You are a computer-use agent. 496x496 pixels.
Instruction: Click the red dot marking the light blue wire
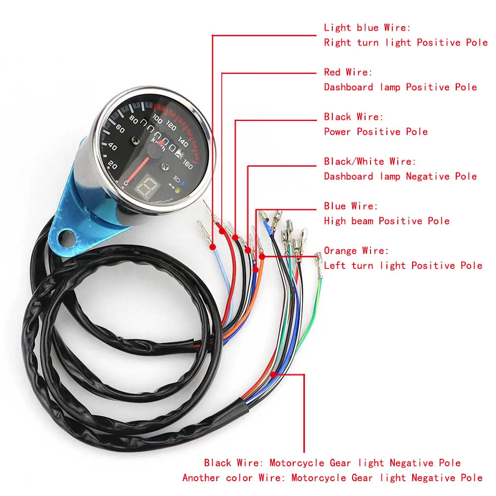[213, 247]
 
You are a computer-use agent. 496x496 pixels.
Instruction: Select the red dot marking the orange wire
[262, 256]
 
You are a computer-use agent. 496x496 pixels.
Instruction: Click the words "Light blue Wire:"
[367, 28]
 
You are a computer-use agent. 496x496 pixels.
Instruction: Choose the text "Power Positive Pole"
[375, 132]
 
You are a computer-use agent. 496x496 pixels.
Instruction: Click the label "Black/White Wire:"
[370, 162]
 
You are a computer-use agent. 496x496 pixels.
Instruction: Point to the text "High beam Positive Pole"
[387, 221]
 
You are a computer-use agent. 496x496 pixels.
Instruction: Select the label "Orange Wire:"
[356, 251]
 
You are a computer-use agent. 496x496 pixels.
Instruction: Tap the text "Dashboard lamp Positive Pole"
[400, 87]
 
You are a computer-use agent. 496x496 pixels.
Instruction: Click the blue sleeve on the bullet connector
[268, 226]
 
